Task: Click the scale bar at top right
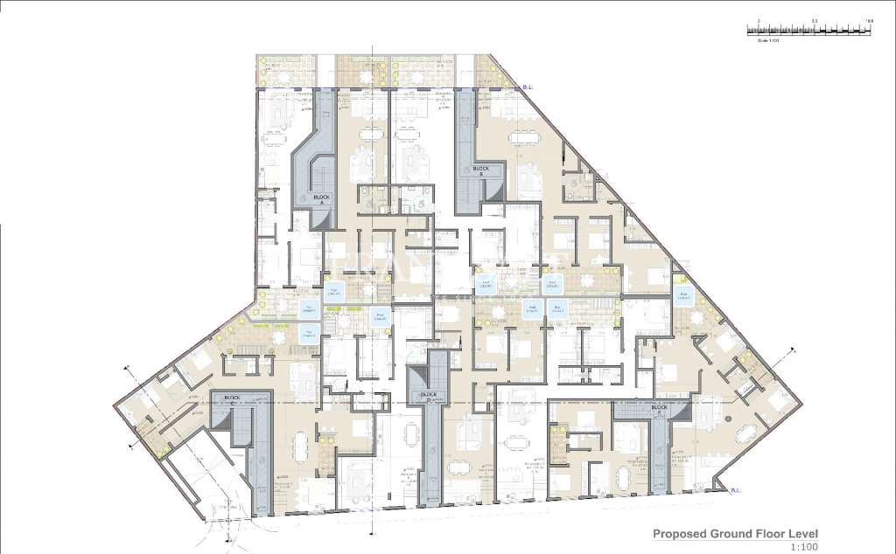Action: [808, 30]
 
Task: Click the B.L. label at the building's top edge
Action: [528, 87]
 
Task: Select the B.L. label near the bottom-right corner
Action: [738, 493]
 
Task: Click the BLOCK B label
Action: [479, 170]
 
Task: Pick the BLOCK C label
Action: [659, 409]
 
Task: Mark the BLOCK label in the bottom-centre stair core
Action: [428, 396]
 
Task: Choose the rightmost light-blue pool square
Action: [682, 295]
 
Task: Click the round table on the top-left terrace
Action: [283, 78]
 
